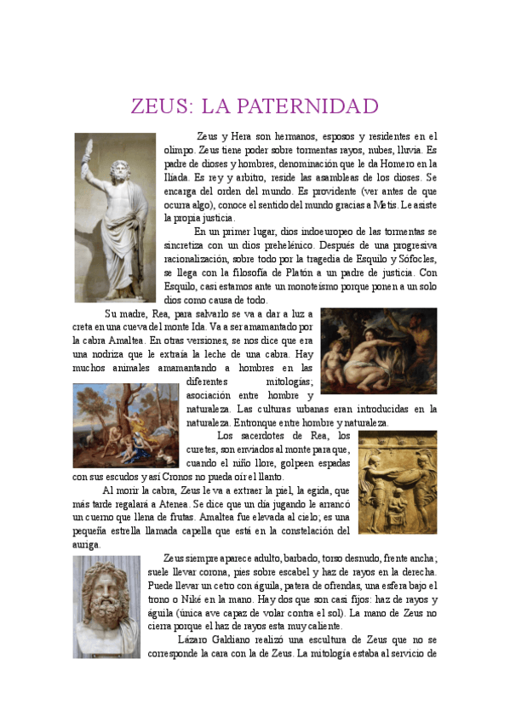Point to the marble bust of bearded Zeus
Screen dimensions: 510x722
106,606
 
